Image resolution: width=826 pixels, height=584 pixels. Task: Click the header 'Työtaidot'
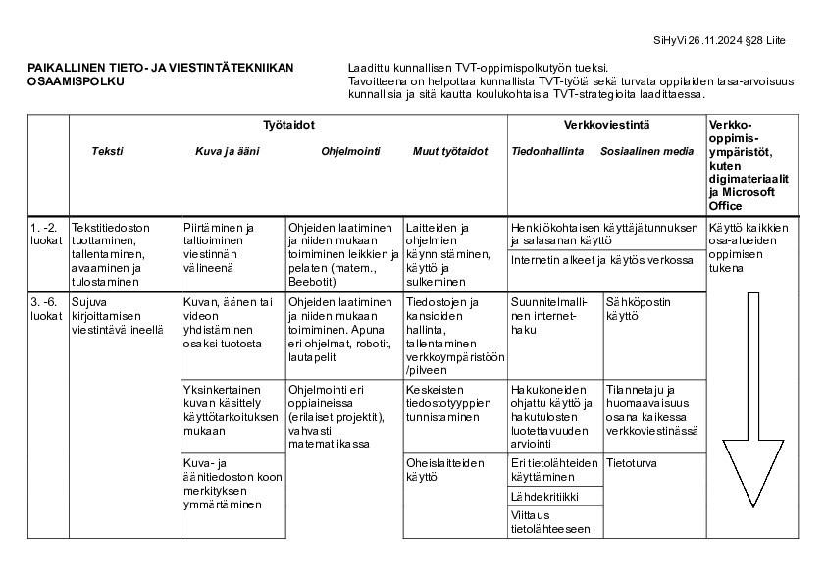click(x=288, y=126)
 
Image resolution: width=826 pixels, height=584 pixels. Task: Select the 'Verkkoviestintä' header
click(x=606, y=126)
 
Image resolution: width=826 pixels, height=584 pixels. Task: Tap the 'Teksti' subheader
click(x=107, y=151)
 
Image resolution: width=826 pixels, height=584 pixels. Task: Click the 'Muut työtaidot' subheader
click(x=449, y=151)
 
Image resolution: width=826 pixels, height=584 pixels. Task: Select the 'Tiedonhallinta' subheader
click(x=547, y=151)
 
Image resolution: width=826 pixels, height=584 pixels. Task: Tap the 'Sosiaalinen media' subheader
click(x=646, y=151)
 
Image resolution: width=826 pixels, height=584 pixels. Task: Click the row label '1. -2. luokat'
click(x=46, y=234)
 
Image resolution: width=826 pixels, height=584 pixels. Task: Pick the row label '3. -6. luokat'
click(x=46, y=308)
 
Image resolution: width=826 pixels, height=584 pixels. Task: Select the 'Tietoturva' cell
click(x=632, y=462)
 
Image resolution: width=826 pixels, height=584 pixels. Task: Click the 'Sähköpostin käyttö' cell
click(x=636, y=309)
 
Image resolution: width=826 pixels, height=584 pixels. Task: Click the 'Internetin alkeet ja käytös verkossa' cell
click(x=601, y=261)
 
